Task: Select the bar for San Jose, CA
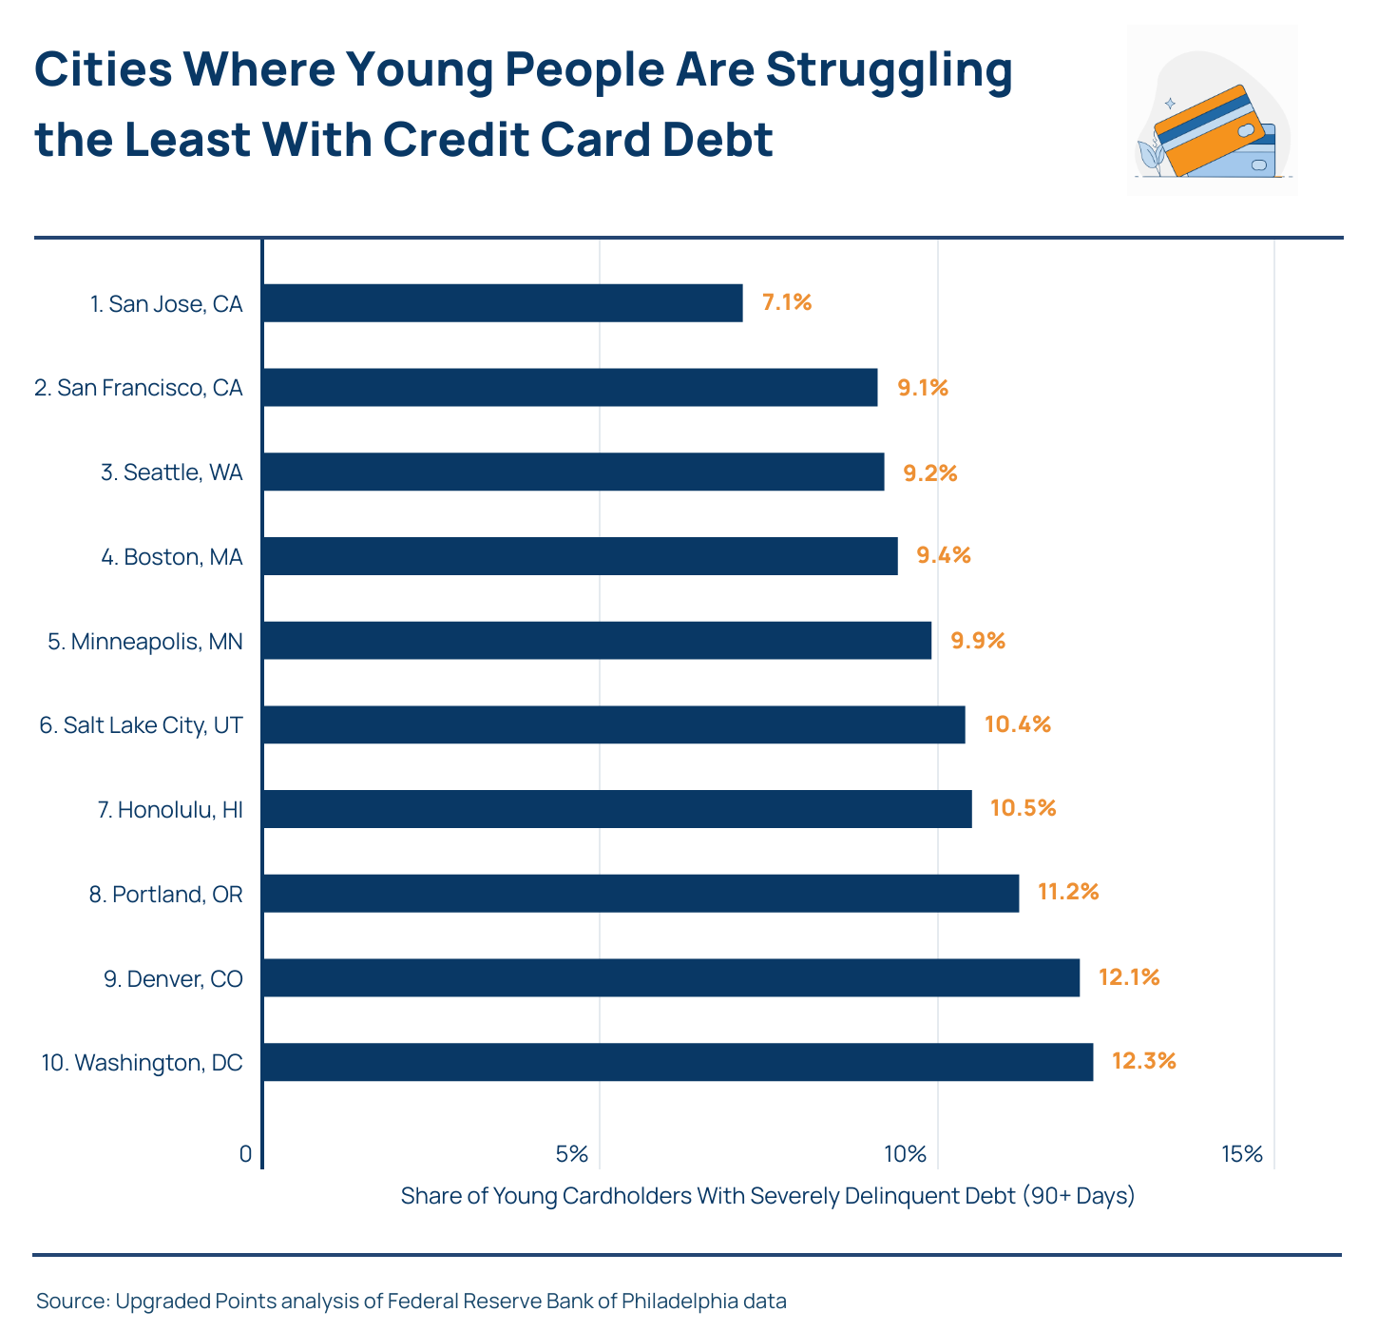[502, 303]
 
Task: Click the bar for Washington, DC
[677, 1062]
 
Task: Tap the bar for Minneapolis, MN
[596, 641]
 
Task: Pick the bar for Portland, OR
[640, 894]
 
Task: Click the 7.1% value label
[787, 303]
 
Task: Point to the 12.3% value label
[1143, 1061]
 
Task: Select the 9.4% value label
[943, 555]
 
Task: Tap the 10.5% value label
[1023, 808]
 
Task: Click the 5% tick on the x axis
[572, 1154]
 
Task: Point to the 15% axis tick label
[1242, 1154]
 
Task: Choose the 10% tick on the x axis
[905, 1154]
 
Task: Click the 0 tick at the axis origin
[245, 1154]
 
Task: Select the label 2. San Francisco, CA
[139, 388]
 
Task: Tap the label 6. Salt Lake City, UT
[141, 725]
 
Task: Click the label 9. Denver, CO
[173, 978]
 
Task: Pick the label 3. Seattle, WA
[172, 473]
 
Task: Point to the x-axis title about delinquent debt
[768, 1196]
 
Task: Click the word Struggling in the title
[889, 70]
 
